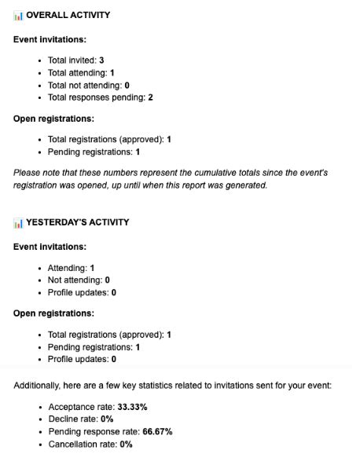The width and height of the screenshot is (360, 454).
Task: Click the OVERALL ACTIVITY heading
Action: click(68, 15)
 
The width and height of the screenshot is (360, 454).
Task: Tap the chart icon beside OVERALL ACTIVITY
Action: click(18, 15)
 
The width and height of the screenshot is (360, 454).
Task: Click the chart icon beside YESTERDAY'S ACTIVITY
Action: click(18, 222)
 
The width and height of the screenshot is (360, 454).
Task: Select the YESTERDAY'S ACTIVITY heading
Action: click(77, 222)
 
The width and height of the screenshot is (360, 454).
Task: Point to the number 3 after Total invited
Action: click(101, 60)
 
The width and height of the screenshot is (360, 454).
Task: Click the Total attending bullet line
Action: click(81, 72)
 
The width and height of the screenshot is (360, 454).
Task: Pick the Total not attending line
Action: click(88, 85)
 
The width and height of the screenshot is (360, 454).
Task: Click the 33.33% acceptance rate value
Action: click(131, 407)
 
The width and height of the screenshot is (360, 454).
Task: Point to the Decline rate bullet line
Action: click(82, 419)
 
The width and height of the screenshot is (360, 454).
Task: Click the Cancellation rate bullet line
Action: click(90, 444)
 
